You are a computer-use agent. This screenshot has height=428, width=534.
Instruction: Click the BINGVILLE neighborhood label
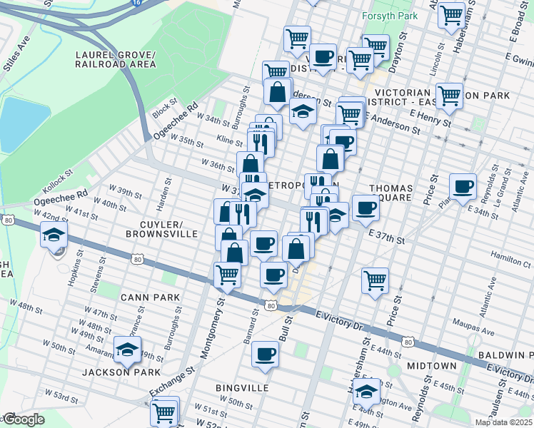[241, 387]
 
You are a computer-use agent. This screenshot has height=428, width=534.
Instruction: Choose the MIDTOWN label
[431, 365]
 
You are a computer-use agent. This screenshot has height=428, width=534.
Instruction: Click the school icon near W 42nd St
[54, 234]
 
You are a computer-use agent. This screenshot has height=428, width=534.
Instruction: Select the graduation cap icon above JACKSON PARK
[127, 350]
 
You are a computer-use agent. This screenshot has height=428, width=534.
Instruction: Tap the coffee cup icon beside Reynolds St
[463, 186]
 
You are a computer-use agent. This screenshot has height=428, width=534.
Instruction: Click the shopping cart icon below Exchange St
[163, 412]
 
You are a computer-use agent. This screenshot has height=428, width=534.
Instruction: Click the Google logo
[23, 419]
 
